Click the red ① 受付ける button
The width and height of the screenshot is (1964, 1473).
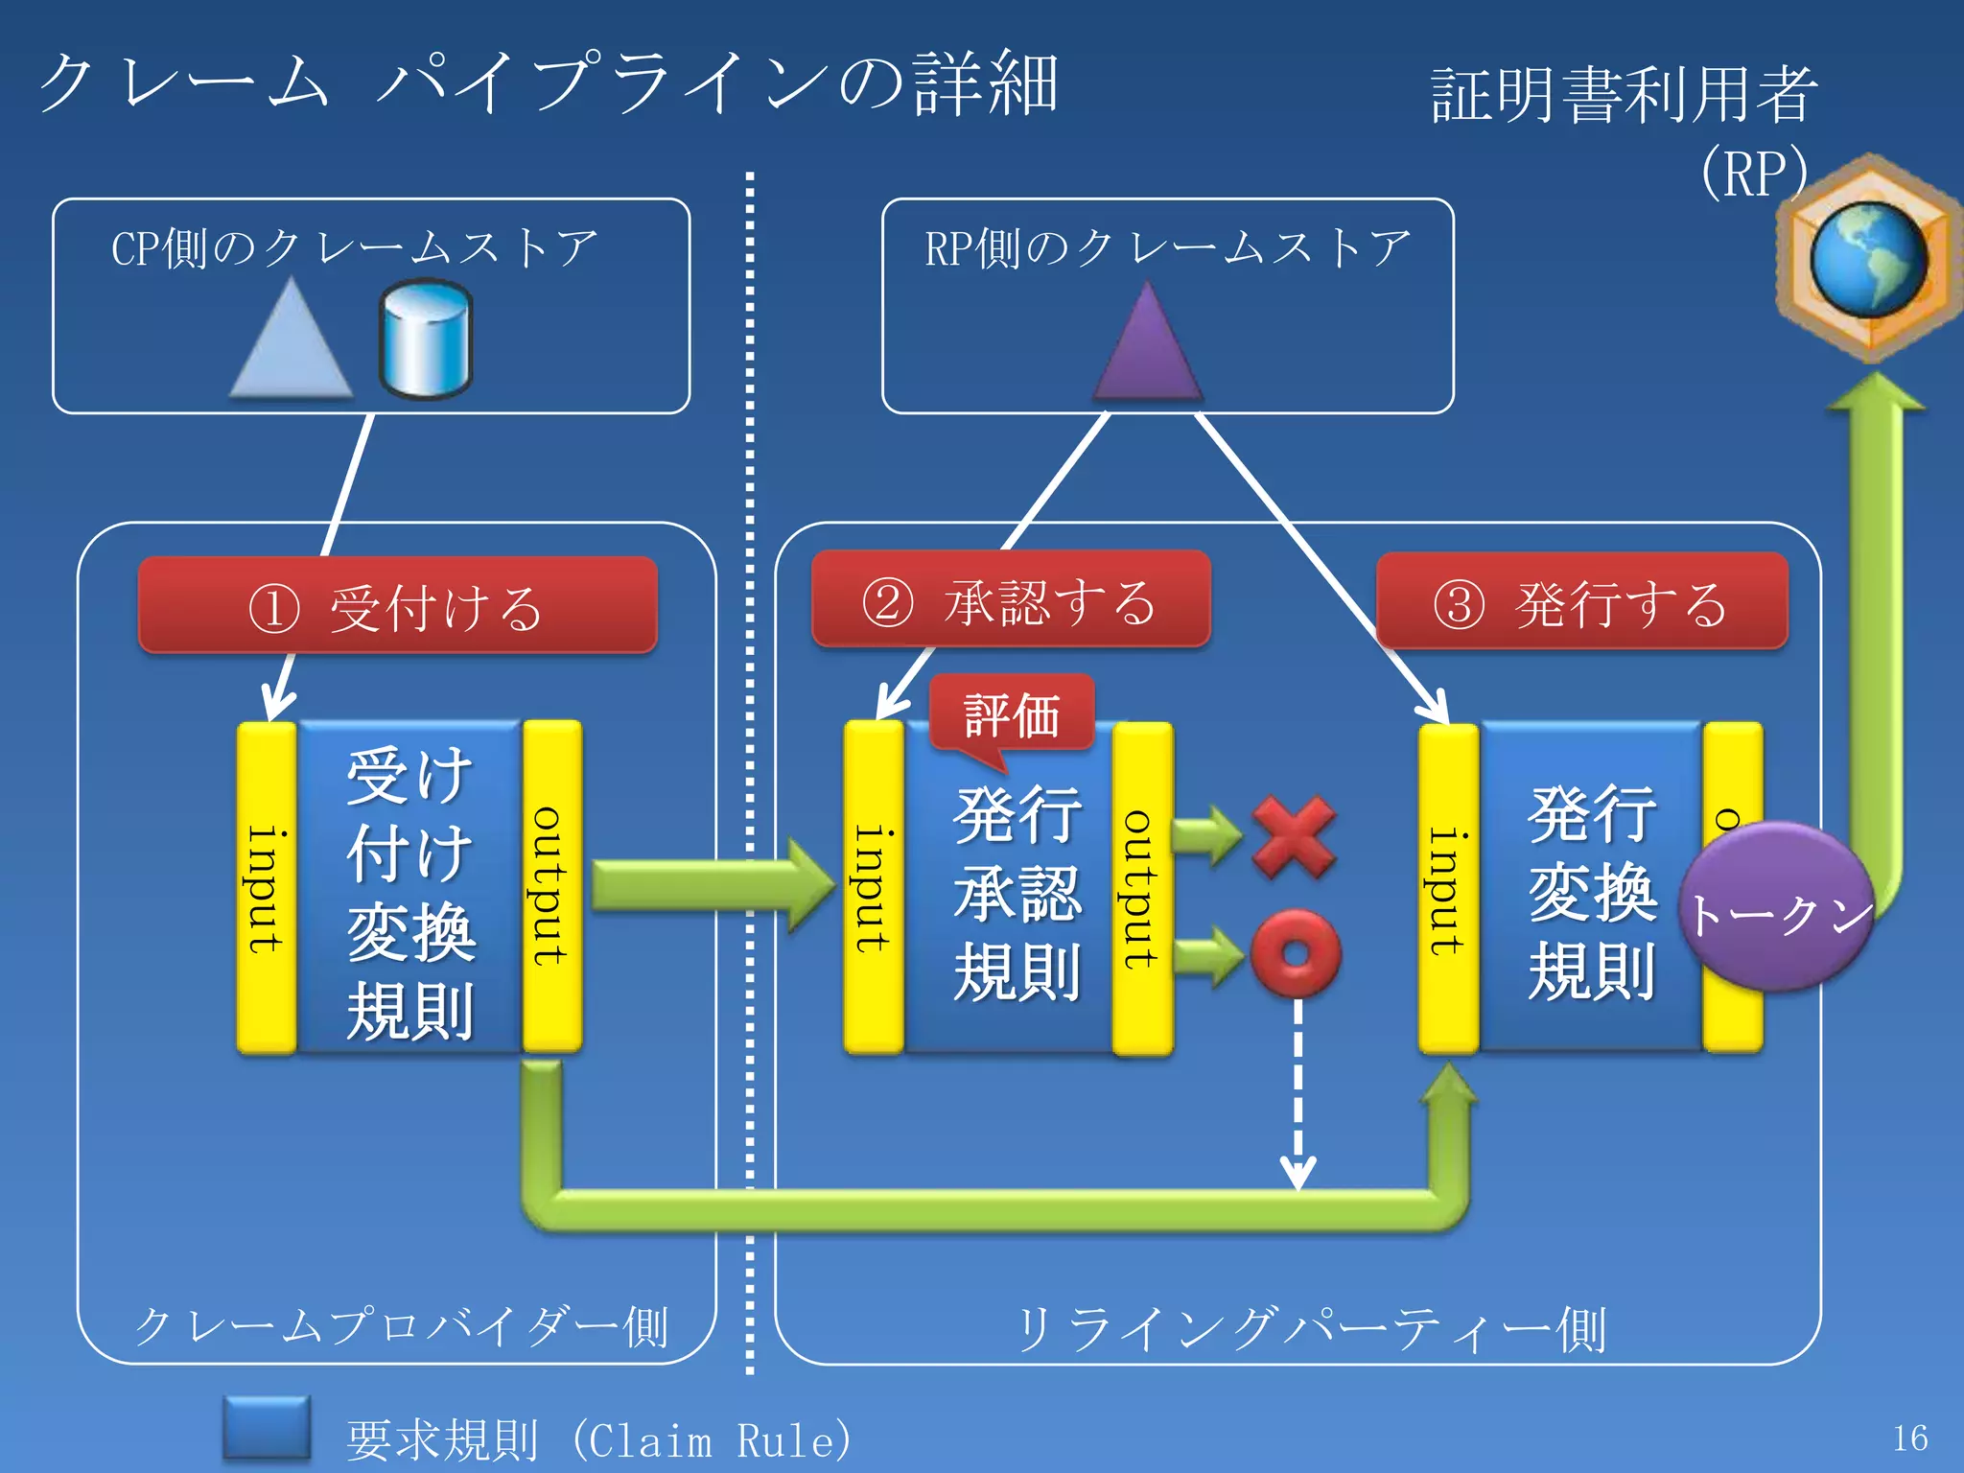pos(397,606)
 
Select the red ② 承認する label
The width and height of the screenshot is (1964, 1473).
pos(1011,600)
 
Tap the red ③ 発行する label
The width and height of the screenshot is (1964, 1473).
pos(1582,602)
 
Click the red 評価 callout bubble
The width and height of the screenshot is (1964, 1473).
pos(1012,714)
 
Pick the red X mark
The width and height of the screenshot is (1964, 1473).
pos(1294,836)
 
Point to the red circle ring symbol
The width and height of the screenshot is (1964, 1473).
pos(1296,954)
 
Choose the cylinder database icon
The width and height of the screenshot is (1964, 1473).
pos(425,339)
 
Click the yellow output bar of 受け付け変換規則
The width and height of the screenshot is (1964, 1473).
pos(551,886)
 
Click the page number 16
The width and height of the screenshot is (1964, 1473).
pos(1909,1438)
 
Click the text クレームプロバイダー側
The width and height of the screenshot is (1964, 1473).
pos(400,1327)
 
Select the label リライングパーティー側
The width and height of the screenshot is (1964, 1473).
pos(1310,1329)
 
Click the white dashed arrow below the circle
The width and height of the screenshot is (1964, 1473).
pos(1298,1093)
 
